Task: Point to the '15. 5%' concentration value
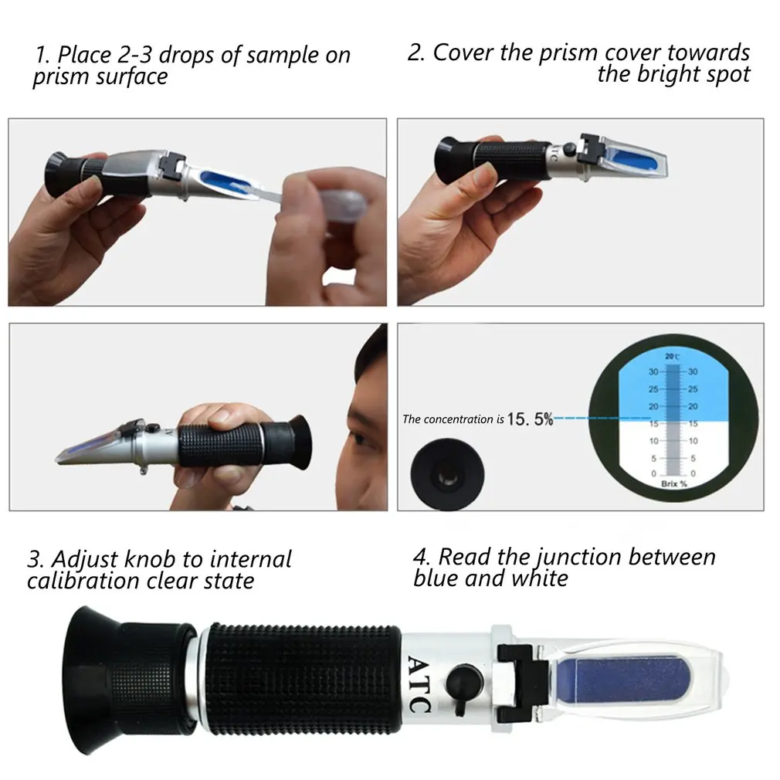531,419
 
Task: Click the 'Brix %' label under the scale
674,483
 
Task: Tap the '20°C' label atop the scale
672,356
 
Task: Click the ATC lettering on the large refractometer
419,684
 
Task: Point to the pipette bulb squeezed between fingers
343,201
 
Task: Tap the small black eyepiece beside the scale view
447,473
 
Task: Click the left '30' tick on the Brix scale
653,371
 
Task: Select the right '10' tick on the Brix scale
693,441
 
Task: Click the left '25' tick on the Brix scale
653,389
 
